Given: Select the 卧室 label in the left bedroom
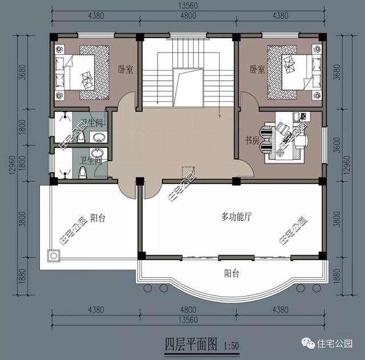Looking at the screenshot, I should click(x=125, y=69).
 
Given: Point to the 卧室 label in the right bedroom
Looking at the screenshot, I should click(x=257, y=69).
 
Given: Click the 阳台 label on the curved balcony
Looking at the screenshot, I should click(x=231, y=274).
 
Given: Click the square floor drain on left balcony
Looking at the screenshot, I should click(x=54, y=255).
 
